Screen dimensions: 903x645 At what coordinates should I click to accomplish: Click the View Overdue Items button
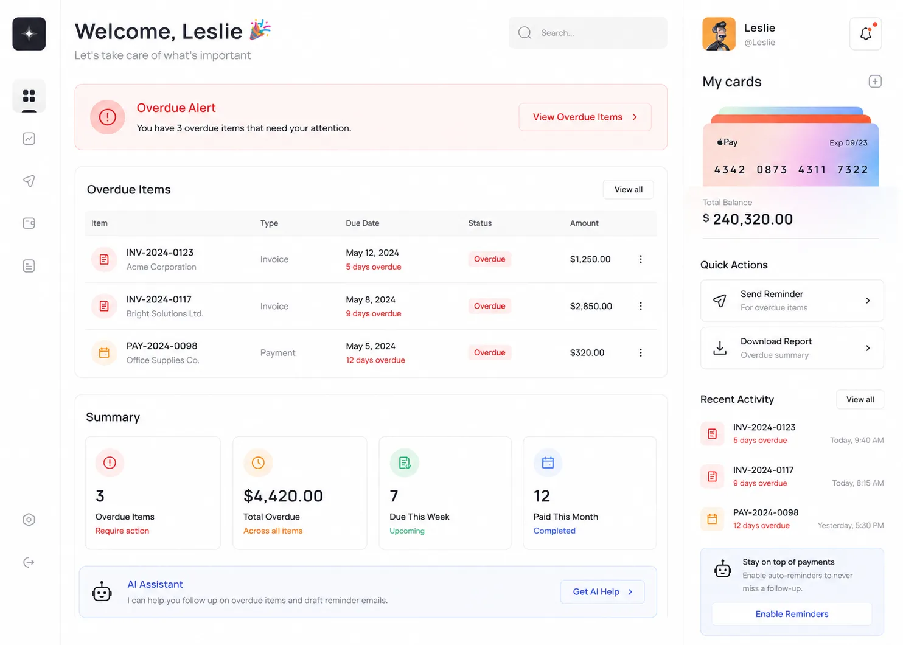click(585, 117)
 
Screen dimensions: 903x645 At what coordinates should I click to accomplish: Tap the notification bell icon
click(865, 33)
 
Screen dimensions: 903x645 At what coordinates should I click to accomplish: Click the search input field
click(588, 33)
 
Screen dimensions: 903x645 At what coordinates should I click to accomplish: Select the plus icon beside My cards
click(875, 82)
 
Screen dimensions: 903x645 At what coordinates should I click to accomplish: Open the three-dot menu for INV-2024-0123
click(641, 259)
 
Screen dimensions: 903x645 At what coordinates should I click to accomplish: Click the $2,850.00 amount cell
click(591, 306)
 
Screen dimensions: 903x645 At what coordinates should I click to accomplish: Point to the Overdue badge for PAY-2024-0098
click(489, 353)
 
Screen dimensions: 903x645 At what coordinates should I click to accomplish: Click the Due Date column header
click(363, 223)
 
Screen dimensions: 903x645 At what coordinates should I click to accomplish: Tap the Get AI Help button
click(602, 592)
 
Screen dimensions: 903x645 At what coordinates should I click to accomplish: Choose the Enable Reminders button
click(792, 614)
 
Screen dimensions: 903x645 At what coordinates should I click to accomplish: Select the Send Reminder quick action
click(792, 301)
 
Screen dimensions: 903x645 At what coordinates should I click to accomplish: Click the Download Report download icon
click(720, 348)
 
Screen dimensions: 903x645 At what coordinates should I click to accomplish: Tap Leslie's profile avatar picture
click(719, 34)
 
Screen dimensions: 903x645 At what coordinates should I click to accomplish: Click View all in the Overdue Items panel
click(628, 189)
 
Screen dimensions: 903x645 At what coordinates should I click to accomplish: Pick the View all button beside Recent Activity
click(860, 400)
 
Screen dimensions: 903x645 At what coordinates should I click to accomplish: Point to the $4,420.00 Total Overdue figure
click(283, 496)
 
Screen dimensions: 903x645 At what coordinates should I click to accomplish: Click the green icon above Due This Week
click(404, 463)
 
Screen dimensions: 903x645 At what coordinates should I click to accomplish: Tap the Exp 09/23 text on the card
click(848, 143)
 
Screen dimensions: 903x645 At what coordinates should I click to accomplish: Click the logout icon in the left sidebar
click(29, 562)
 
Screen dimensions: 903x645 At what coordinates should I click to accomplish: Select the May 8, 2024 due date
click(371, 299)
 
